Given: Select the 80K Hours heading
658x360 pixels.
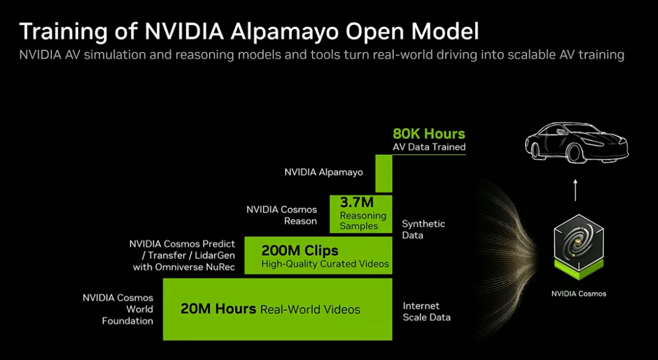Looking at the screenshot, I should tap(428, 134).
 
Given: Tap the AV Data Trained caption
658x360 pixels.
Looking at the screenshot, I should tap(429, 147).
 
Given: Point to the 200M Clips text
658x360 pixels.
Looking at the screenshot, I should tap(300, 250).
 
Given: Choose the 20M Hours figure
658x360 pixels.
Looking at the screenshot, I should tap(218, 309).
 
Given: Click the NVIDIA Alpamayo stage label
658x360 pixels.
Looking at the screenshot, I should tap(324, 172).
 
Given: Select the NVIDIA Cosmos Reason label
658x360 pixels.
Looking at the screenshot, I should tap(281, 215).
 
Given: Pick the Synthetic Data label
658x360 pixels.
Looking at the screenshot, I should tap(423, 229).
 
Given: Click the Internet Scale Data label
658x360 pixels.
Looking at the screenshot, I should tap(426, 311).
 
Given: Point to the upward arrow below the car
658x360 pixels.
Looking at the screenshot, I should tap(575, 189).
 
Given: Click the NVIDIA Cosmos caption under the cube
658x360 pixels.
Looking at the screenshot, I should tap(579, 294).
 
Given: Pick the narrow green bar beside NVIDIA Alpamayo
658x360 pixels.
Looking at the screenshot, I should tap(383, 173).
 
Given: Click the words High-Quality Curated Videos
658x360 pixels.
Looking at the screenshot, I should tap(325, 264).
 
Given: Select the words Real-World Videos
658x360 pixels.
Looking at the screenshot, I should tap(310, 309).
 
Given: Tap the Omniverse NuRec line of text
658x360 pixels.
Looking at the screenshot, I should tap(183, 267).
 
